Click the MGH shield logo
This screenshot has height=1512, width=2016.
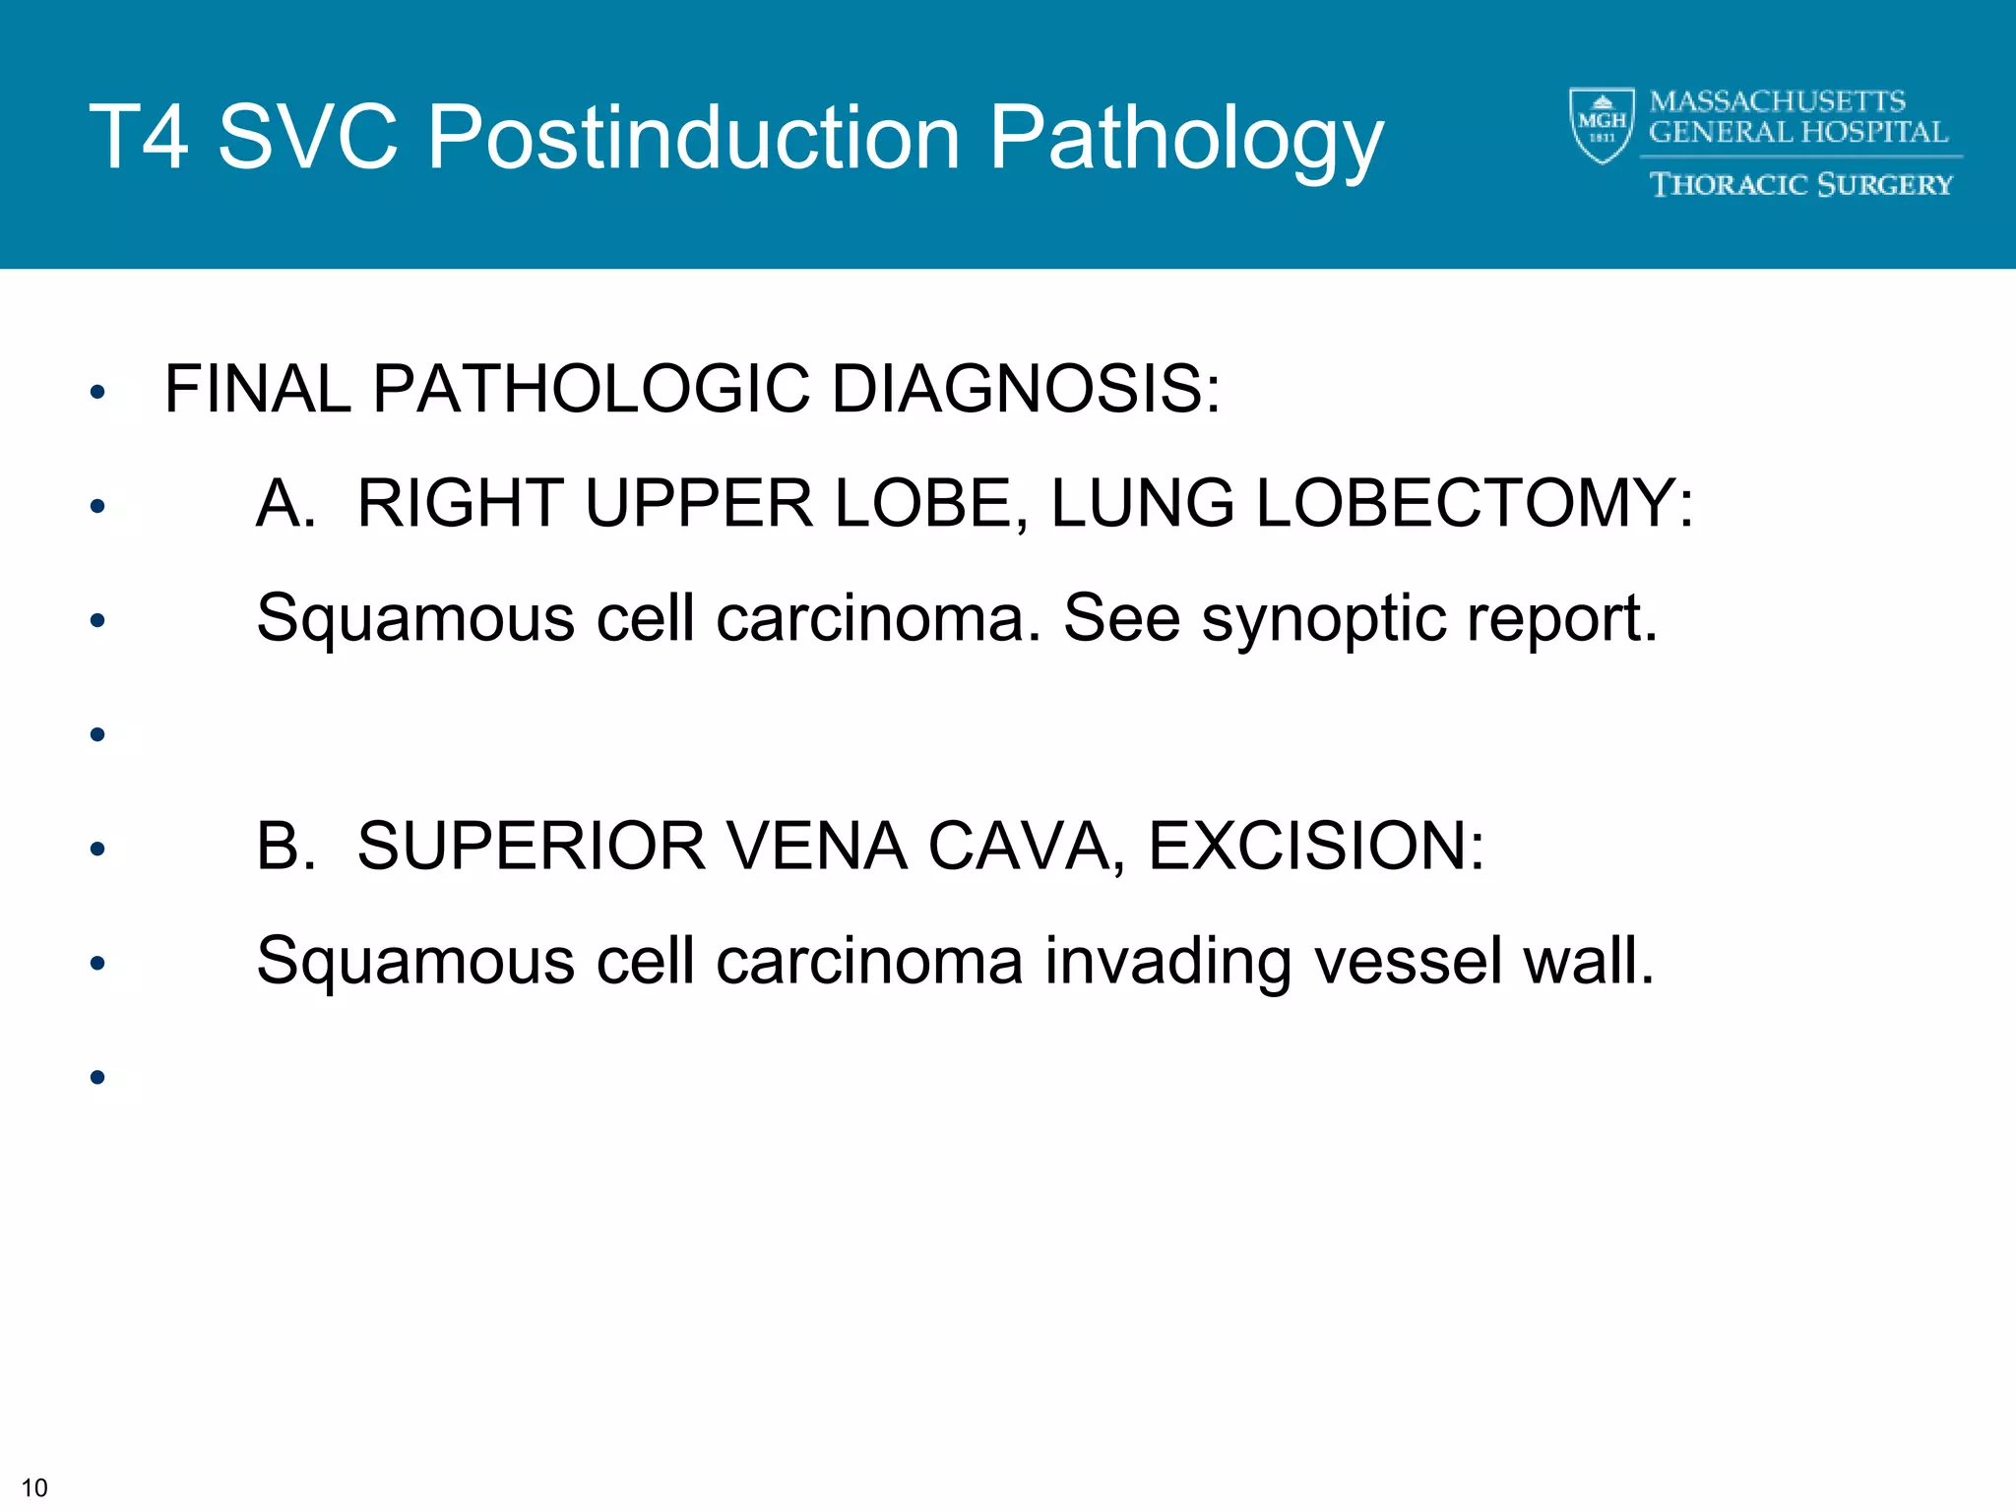tap(1602, 125)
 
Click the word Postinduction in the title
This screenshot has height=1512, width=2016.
tap(693, 138)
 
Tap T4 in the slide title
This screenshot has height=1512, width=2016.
tap(139, 138)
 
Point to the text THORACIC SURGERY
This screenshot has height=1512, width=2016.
tap(1800, 185)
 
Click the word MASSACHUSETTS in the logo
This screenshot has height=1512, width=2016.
tap(1777, 101)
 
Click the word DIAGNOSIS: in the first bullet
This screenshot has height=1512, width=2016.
tap(1026, 389)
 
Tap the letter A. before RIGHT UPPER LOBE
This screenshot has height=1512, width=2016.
tap(285, 504)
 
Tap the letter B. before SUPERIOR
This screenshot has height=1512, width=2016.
tap(285, 847)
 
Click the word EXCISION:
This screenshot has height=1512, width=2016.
tap(1316, 847)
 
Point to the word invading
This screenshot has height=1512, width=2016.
tap(1167, 963)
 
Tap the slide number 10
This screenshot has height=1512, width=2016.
tap(34, 1487)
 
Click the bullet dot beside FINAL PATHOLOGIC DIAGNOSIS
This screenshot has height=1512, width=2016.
tap(96, 393)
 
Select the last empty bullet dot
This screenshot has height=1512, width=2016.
tap(96, 1077)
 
